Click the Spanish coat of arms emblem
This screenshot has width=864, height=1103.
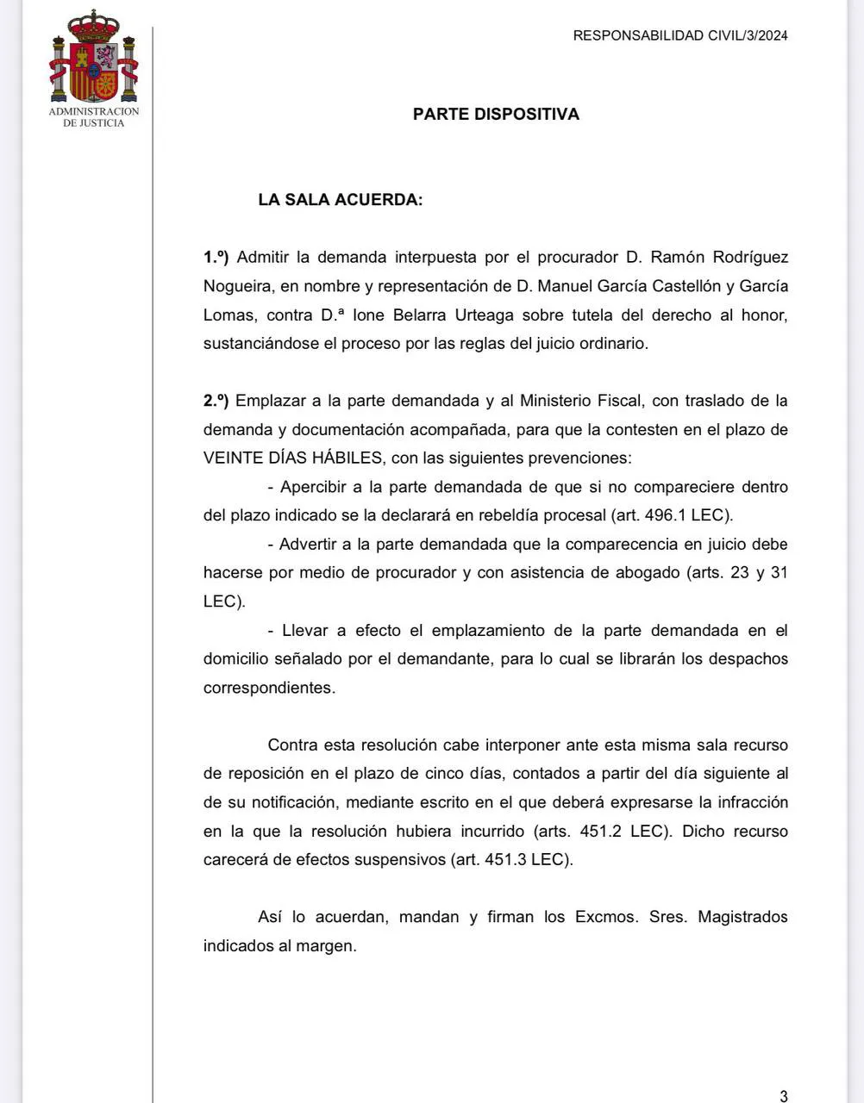click(x=93, y=58)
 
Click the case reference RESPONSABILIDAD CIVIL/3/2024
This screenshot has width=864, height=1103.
click(x=680, y=35)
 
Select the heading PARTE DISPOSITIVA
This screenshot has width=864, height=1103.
click(x=496, y=114)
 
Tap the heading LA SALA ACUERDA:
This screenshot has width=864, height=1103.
click(x=341, y=200)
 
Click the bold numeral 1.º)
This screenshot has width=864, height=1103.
click(x=216, y=257)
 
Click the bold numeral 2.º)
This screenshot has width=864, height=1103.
click(x=216, y=400)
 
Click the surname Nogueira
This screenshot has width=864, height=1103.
click(x=236, y=286)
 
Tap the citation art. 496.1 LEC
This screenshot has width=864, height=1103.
click(x=670, y=515)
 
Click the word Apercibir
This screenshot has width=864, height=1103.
click(x=320, y=487)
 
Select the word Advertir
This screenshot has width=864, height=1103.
click(x=316, y=544)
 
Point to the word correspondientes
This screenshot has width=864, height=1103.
click(x=266, y=688)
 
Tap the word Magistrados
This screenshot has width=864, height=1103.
click(x=742, y=917)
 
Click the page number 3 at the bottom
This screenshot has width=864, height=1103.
click(x=783, y=1096)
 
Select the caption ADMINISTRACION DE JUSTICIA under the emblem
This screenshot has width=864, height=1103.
click(x=93, y=117)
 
